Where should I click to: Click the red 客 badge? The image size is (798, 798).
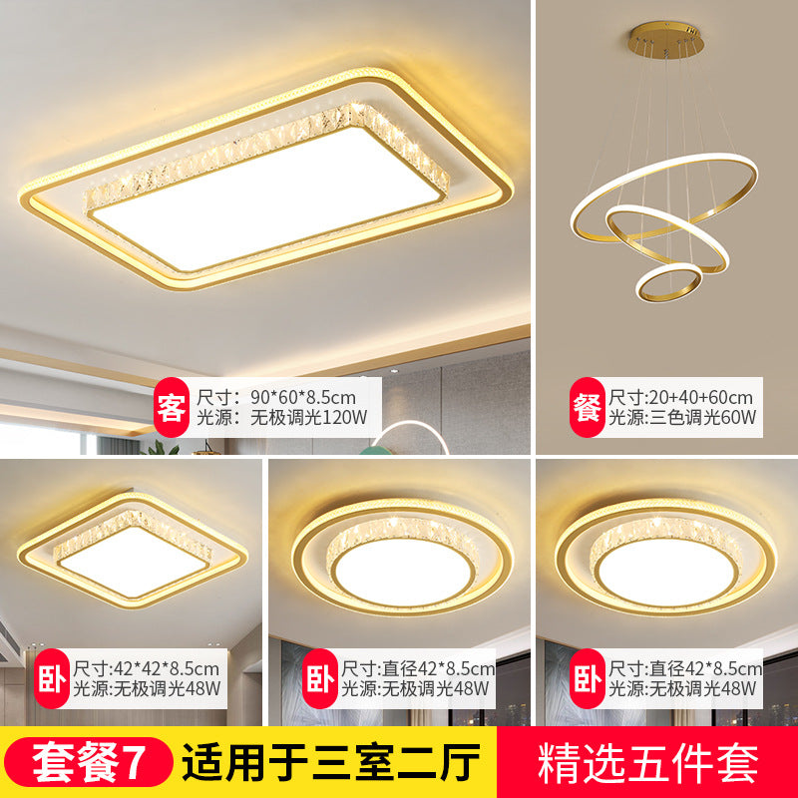172,408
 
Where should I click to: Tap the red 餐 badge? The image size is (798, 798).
586,408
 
